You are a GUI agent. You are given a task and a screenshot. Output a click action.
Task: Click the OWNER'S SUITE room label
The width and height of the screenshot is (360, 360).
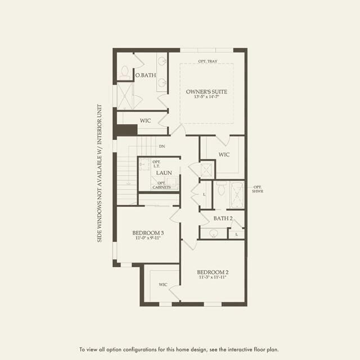coord(207,91)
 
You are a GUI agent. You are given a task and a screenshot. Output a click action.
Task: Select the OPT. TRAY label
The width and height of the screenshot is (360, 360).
coord(208,61)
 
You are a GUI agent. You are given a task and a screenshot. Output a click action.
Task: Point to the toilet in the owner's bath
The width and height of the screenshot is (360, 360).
coord(124,73)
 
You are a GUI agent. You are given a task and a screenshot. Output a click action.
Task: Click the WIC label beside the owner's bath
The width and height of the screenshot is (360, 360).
coord(146,120)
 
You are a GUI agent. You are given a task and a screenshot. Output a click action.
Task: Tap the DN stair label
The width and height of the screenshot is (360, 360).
coord(162,146)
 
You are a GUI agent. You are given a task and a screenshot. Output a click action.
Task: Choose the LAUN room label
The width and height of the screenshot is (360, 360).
coord(163,173)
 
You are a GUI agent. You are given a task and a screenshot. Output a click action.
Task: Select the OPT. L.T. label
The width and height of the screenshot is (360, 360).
coord(157,164)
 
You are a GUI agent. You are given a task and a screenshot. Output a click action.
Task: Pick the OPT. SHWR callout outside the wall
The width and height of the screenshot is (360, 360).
coord(258,189)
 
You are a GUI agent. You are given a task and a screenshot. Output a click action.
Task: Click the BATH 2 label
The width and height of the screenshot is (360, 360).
coord(223,218)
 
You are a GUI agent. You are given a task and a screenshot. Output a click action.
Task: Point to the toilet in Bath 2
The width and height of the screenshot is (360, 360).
coord(221,190)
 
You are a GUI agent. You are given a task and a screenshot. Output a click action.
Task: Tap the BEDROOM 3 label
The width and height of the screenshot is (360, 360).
coord(148,233)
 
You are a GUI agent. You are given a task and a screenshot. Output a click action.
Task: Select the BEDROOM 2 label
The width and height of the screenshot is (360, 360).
coord(213,272)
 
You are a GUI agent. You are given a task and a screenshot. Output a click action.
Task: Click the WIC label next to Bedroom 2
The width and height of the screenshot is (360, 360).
coord(163,285)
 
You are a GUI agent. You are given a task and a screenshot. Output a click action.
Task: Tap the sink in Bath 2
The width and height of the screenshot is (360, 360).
coord(214,232)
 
